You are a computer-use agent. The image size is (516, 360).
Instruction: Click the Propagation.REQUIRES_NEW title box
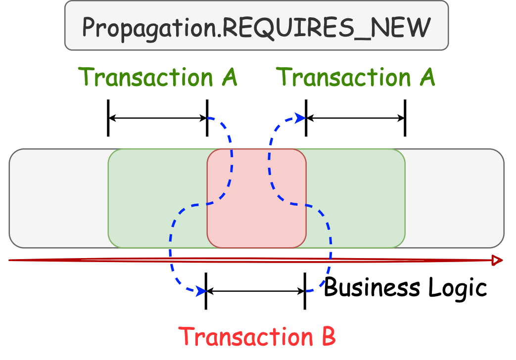click(x=256, y=26)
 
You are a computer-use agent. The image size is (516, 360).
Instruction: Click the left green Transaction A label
click(x=158, y=77)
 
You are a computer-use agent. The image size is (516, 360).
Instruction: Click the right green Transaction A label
click(x=356, y=77)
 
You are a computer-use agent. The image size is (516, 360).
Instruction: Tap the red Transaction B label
click(x=257, y=336)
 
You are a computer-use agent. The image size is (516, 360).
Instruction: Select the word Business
click(x=365, y=287)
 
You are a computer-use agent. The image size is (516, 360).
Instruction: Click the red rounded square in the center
click(x=256, y=198)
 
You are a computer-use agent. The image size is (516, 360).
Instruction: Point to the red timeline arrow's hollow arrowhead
click(x=497, y=261)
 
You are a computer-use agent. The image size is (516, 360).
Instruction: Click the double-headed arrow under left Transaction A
click(x=158, y=118)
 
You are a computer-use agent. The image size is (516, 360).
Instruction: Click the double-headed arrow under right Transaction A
click(x=356, y=118)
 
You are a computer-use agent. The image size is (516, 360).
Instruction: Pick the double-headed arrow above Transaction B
click(x=255, y=291)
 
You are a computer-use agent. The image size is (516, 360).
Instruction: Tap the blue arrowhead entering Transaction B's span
click(x=201, y=291)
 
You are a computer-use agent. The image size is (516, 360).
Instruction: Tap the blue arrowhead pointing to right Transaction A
click(x=300, y=118)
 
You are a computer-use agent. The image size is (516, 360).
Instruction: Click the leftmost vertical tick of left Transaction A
click(x=108, y=118)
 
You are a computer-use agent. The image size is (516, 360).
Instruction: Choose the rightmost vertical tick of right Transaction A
click(x=405, y=118)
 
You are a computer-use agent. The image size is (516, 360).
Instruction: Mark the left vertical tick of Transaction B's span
click(x=206, y=291)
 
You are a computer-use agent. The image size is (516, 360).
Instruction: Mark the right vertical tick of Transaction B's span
click(x=305, y=291)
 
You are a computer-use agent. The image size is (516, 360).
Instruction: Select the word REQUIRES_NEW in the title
click(x=327, y=28)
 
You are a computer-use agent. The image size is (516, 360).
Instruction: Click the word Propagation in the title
click(x=151, y=28)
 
